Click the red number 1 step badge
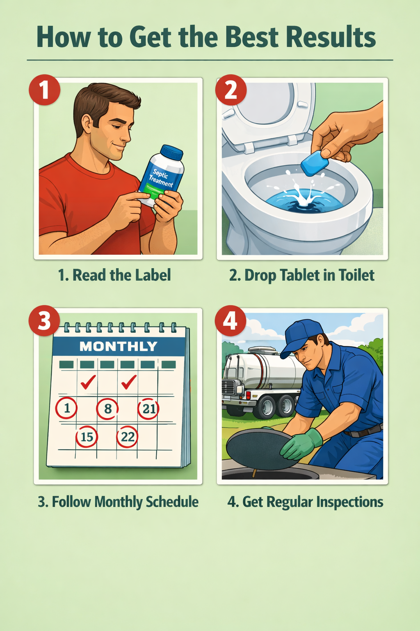(x=44, y=90)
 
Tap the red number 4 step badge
(x=231, y=321)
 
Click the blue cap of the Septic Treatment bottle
(x=171, y=152)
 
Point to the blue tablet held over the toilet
(x=315, y=163)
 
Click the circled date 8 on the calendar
(x=107, y=409)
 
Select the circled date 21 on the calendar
(x=148, y=409)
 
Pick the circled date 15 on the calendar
(x=87, y=436)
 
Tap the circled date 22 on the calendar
(x=128, y=436)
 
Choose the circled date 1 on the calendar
(x=66, y=408)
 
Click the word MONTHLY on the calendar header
(x=118, y=346)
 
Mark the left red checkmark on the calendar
(x=88, y=382)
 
